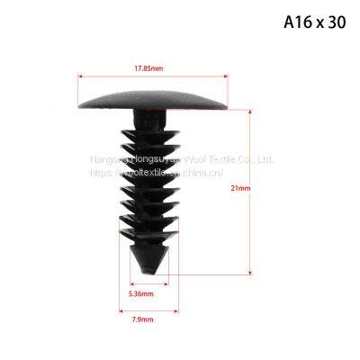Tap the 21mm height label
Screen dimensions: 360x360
click(265, 189)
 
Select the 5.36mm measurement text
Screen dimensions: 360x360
click(140, 293)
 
